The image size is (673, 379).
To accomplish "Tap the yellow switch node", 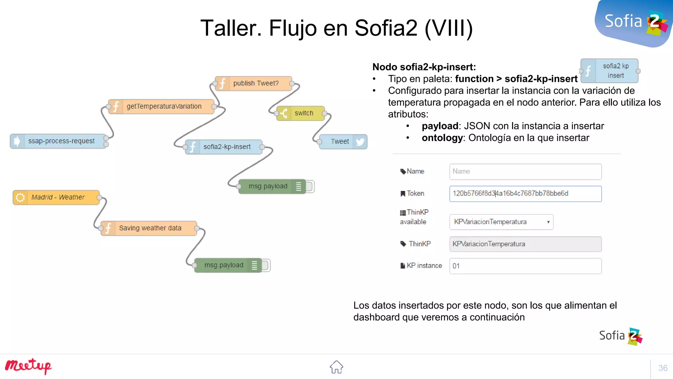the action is click(301, 113).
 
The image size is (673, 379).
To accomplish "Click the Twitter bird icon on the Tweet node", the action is click(360, 142).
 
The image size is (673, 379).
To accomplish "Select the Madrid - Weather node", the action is click(56, 197).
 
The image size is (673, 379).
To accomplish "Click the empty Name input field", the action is click(525, 172).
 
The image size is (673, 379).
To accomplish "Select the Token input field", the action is click(525, 194).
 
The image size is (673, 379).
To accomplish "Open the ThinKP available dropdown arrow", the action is click(548, 222).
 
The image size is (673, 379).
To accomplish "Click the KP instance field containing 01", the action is click(525, 266).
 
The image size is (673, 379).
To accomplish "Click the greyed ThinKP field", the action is click(525, 244).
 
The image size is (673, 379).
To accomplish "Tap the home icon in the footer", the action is click(336, 367).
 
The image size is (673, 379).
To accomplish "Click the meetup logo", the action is click(28, 366).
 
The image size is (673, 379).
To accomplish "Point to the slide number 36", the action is click(662, 368).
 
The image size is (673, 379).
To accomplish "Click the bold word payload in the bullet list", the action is click(440, 126).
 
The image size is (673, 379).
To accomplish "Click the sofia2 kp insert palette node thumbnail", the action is click(609, 71).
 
